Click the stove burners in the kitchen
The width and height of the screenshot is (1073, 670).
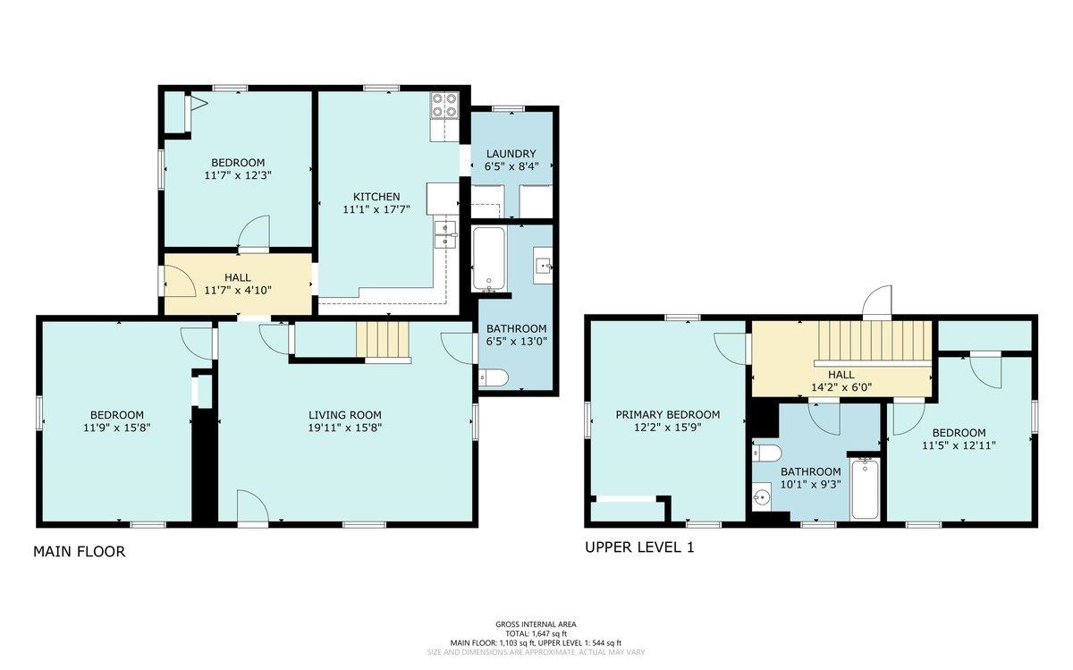click(444, 106)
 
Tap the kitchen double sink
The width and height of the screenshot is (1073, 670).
click(445, 235)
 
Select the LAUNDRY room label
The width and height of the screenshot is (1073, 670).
click(511, 154)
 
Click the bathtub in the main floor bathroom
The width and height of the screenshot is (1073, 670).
click(488, 259)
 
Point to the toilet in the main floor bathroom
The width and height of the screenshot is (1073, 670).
click(493, 377)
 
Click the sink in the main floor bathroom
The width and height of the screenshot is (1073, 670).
click(544, 265)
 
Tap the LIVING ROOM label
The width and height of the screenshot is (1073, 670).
click(345, 415)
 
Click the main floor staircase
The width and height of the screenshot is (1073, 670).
click(383, 340)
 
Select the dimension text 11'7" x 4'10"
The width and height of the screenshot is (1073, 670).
click(238, 291)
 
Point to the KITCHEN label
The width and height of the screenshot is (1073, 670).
click(376, 197)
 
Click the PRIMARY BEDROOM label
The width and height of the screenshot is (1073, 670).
click(668, 414)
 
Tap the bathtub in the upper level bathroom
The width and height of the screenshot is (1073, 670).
click(866, 488)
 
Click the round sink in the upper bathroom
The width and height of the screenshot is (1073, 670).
click(761, 497)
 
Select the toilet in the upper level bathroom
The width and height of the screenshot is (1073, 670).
click(766, 453)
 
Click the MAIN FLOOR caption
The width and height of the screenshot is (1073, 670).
click(80, 552)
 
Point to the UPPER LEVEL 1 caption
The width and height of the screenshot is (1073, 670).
click(639, 547)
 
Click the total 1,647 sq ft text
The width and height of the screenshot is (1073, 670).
click(536, 633)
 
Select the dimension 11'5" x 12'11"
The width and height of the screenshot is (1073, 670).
click(959, 445)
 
